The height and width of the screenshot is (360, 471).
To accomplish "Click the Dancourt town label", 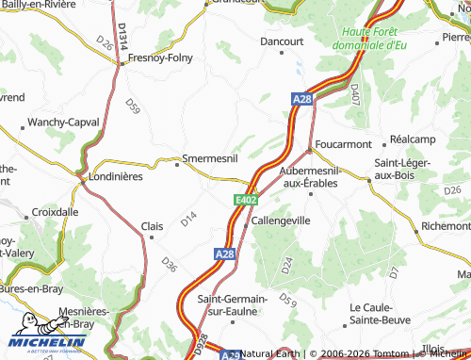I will [x=282, y=42].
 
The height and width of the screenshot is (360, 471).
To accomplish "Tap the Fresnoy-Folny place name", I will [x=160, y=57].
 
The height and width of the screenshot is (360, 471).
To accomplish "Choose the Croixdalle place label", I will [x=55, y=212].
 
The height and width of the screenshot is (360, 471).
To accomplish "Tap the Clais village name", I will [x=152, y=226].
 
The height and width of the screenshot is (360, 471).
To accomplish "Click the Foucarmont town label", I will [x=345, y=144].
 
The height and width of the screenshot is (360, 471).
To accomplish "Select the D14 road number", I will [x=189, y=219].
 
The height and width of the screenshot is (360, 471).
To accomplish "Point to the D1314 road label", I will [x=122, y=39].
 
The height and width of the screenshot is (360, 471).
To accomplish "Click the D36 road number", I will [x=168, y=265].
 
